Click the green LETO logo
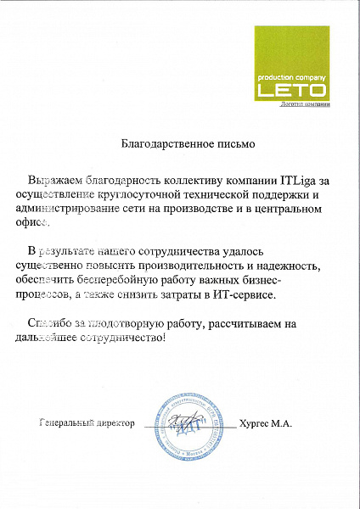290,64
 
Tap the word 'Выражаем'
52,181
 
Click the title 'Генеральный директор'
87,422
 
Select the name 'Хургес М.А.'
266,422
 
